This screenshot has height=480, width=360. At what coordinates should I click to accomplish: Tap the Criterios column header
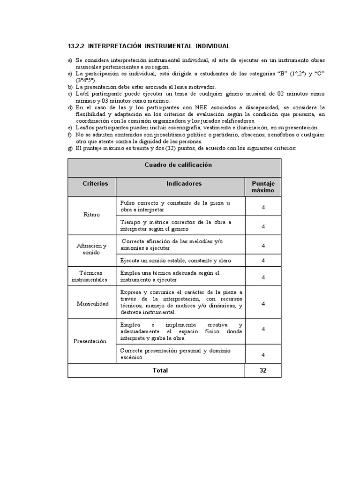95,183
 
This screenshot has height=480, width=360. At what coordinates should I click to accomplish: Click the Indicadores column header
184,183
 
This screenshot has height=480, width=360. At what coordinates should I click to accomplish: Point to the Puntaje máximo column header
263,187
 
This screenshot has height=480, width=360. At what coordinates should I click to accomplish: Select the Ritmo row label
91,215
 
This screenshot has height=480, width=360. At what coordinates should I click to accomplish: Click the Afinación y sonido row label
91,249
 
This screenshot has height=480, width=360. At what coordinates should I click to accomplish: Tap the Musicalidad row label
92,303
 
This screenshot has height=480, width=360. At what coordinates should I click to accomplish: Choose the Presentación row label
90,341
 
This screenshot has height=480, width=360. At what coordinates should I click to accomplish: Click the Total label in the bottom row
160,370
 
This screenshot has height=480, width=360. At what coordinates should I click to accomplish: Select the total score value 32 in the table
263,370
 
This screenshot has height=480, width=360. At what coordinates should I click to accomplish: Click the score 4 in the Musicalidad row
263,303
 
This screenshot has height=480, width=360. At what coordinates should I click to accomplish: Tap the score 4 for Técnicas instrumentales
263,277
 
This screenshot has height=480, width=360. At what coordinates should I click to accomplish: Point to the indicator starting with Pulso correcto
175,206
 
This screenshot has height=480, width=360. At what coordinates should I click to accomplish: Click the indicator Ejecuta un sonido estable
175,260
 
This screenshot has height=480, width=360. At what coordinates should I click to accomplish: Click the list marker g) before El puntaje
70,148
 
